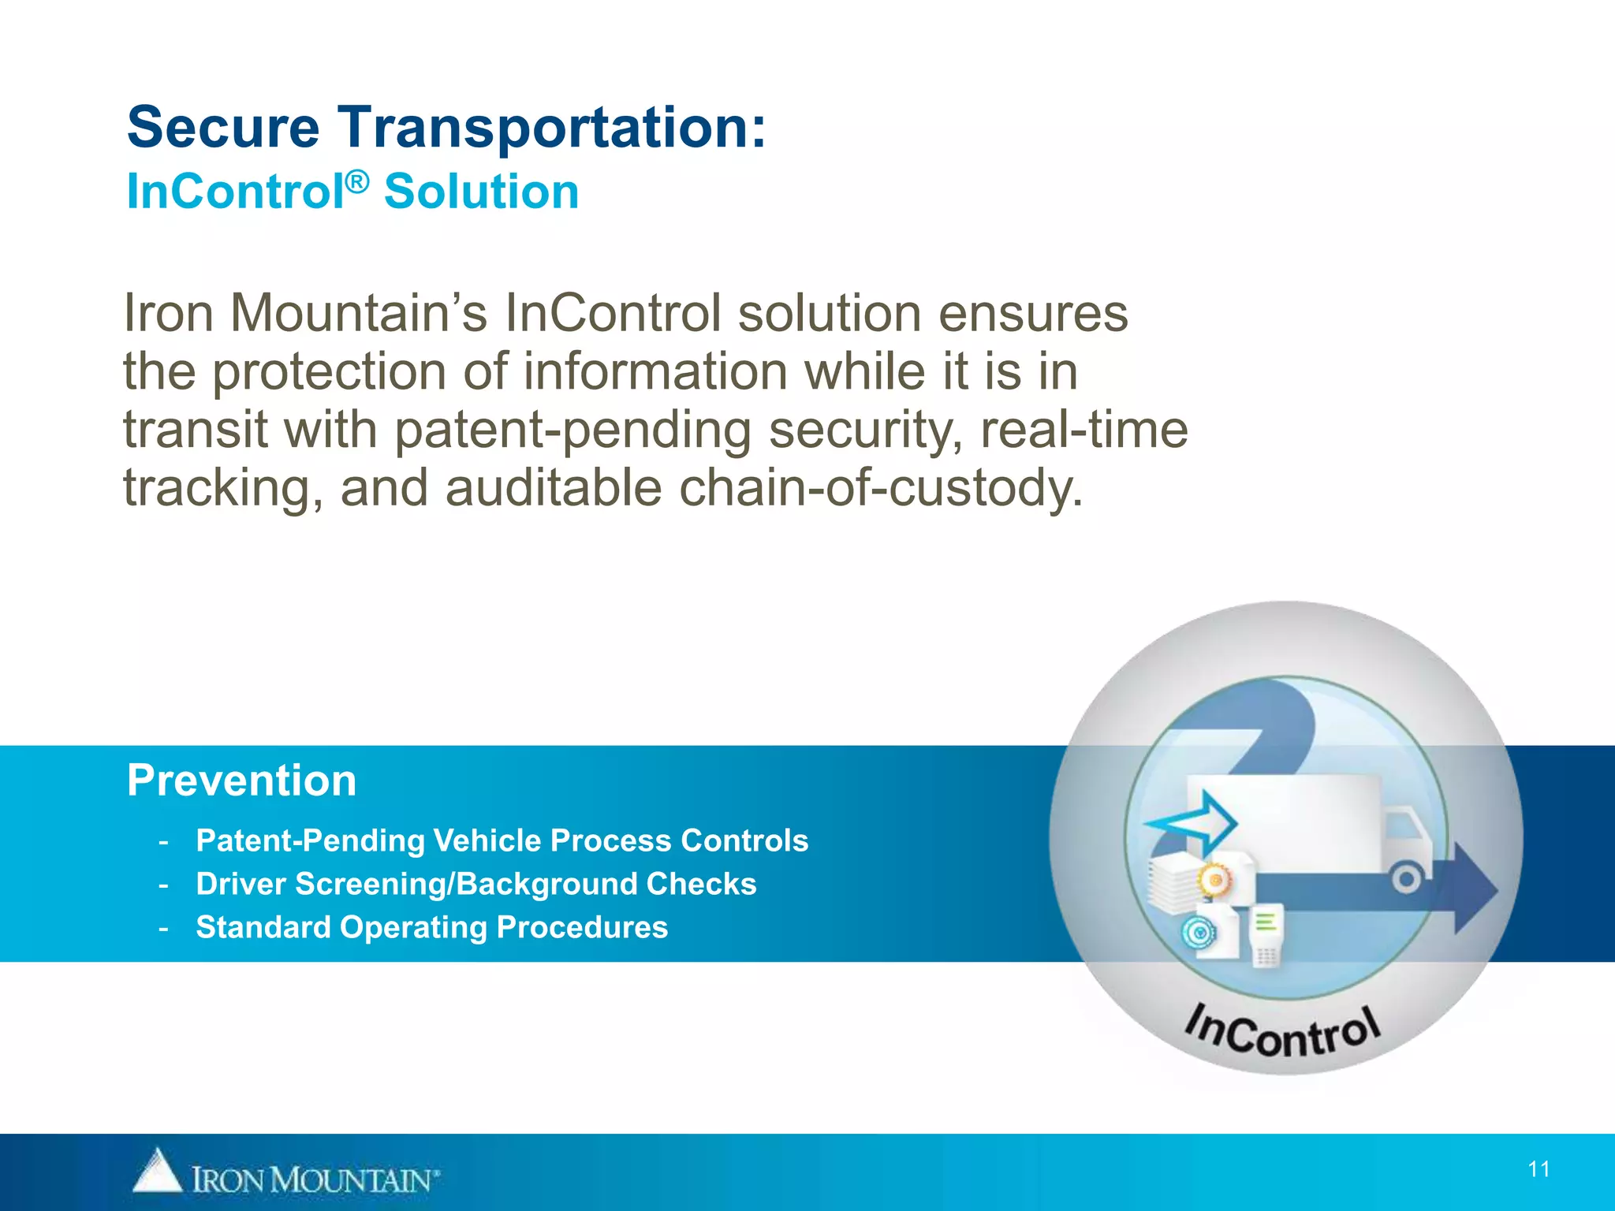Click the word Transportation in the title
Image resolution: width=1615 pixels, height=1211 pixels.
pos(552,128)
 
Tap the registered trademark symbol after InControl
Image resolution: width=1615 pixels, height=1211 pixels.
pos(357,183)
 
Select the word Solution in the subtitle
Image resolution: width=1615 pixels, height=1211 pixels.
pos(481,192)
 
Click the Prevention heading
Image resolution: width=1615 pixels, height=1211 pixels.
pos(242,781)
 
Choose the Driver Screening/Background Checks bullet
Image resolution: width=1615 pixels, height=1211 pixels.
pos(476,884)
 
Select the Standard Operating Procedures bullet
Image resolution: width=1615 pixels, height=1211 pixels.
pos(431,927)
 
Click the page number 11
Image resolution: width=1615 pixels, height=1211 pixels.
pos(1539,1169)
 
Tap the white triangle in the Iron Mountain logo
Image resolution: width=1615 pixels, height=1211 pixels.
pos(157,1172)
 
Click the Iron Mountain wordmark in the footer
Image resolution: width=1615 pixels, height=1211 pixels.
pos(314,1180)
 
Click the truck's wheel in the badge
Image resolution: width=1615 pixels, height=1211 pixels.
pos(1406,878)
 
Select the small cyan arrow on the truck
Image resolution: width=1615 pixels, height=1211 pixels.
pos(1192,823)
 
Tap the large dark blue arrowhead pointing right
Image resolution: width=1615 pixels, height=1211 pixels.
pos(1475,889)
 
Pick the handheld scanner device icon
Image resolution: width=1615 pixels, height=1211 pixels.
pos(1266,936)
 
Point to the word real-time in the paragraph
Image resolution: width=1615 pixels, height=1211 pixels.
pos(1084,430)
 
